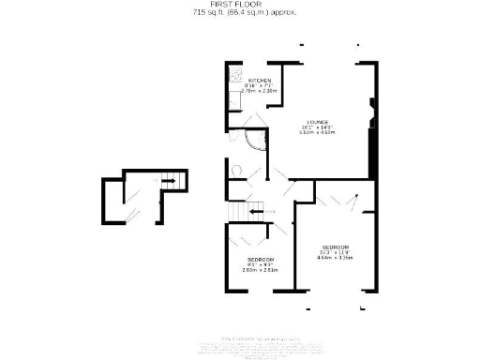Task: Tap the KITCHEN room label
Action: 259,80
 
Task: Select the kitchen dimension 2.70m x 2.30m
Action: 259,91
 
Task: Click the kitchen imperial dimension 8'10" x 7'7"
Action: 259,85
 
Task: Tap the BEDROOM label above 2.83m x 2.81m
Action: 260,259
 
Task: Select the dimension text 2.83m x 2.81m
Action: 260,270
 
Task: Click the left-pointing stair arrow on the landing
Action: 256,213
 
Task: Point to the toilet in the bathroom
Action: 236,171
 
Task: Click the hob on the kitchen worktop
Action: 233,74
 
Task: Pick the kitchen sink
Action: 232,96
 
